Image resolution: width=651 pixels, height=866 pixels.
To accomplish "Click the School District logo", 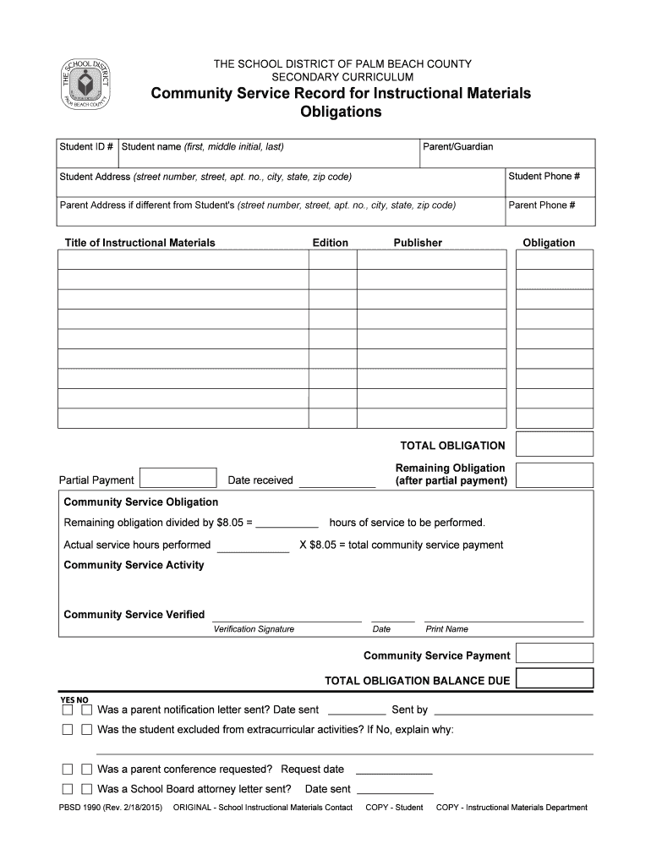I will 85,85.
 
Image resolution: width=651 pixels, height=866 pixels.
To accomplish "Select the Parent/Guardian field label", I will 457,147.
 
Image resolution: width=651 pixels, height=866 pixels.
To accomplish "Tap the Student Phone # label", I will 544,177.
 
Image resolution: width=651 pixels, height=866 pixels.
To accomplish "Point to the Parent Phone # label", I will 542,206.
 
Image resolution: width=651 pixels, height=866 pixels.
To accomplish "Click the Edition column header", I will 330,243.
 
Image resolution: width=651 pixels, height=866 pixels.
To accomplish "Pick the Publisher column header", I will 418,243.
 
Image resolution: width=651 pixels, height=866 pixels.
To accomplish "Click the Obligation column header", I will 549,243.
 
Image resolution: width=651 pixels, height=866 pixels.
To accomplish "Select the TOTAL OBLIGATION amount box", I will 555,445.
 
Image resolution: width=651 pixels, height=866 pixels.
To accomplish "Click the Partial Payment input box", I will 178,479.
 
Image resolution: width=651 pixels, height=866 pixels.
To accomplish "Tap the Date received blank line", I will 336,482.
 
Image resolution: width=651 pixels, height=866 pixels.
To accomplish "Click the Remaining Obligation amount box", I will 555,474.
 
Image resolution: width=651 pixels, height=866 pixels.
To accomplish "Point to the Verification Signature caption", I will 254,629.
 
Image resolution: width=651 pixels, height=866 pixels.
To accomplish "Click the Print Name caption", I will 446,629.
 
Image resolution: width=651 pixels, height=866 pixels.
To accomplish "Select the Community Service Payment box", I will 555,654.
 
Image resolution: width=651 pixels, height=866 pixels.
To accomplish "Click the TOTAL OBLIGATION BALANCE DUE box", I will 555,679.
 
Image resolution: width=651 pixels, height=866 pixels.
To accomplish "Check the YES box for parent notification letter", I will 68,710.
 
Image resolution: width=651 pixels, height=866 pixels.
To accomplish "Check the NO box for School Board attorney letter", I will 86,789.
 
